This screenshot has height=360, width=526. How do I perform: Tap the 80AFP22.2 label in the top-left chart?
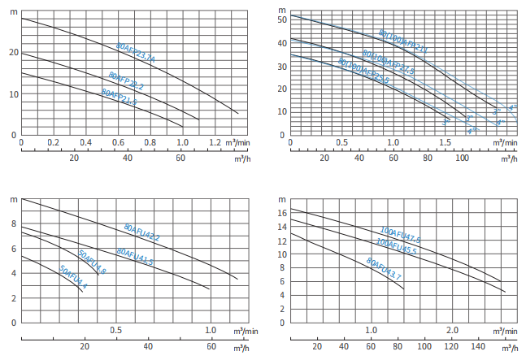click(125, 81)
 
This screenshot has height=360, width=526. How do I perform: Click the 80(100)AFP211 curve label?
click(402, 41)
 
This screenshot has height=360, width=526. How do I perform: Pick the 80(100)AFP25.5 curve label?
click(363, 74)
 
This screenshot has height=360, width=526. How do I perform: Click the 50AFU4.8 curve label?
click(92, 264)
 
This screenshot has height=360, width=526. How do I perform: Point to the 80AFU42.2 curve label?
click(142, 232)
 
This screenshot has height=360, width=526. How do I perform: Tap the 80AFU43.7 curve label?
click(384, 270)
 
